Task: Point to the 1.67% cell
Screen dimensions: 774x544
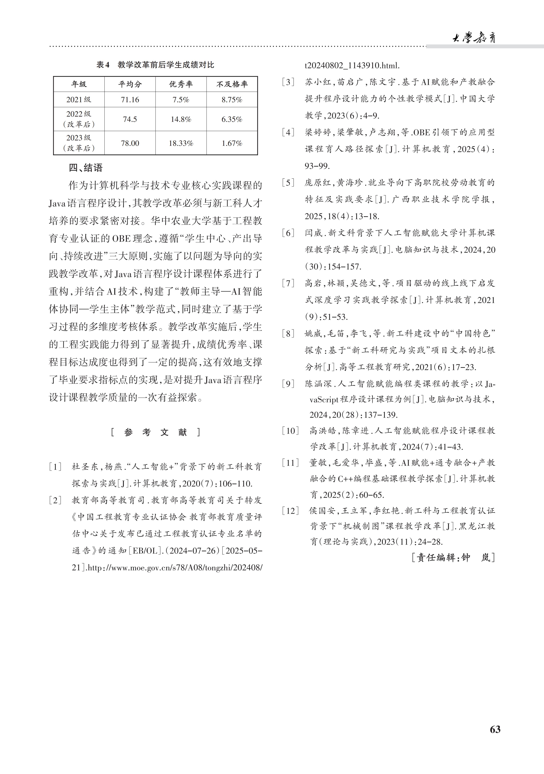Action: [232, 143]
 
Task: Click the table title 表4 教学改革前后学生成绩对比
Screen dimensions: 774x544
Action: [155, 65]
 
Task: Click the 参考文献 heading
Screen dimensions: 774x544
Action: [155, 432]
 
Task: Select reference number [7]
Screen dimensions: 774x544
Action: [288, 283]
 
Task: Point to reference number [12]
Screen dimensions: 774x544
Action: [290, 511]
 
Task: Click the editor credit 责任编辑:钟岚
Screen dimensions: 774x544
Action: [453, 557]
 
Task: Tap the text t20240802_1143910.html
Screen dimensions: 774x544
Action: [352, 65]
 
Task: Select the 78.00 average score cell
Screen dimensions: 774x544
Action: [130, 143]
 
